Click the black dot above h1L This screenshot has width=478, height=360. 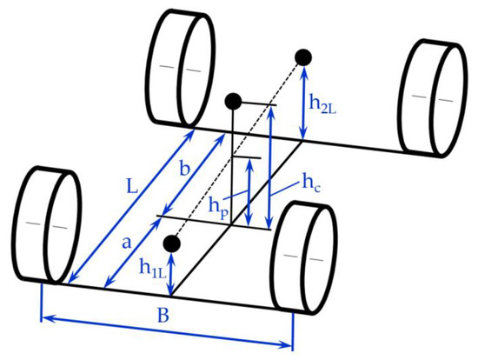tap(171, 243)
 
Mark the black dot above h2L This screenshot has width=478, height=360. tap(302, 57)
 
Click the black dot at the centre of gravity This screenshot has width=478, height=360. tap(232, 102)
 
